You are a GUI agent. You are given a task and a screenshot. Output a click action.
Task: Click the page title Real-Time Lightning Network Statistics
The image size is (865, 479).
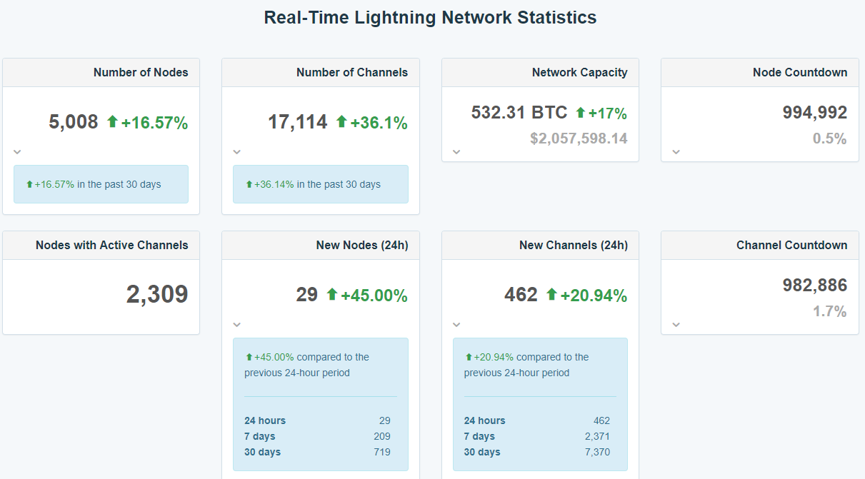click(x=430, y=18)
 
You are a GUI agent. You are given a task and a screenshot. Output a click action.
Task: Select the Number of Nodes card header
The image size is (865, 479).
click(x=141, y=72)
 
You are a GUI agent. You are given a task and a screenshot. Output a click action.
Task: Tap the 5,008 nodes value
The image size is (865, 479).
click(x=74, y=122)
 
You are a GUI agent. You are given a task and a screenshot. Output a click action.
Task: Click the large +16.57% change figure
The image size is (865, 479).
click(x=154, y=123)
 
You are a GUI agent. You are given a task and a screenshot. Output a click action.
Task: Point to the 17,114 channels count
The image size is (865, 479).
click(x=297, y=122)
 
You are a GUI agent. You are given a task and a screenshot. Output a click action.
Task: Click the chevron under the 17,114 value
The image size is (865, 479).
click(x=237, y=151)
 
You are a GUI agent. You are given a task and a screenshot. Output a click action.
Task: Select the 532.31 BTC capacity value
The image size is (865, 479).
click(x=519, y=112)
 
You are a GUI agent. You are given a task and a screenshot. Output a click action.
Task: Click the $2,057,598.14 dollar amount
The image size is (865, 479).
click(x=579, y=138)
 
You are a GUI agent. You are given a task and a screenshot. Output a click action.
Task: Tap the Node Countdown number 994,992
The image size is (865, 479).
click(x=814, y=112)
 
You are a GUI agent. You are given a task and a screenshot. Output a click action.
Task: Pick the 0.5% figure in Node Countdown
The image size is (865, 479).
click(x=829, y=138)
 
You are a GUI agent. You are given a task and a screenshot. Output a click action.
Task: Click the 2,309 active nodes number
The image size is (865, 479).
click(x=157, y=294)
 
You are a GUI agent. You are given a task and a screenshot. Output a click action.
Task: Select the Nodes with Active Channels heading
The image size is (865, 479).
click(x=112, y=245)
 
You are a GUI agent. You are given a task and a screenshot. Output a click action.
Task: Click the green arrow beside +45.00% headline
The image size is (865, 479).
click(x=331, y=294)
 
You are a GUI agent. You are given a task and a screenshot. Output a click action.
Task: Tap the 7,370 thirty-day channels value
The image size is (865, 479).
click(x=596, y=452)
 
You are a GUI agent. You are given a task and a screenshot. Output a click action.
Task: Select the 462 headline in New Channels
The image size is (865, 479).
click(x=521, y=295)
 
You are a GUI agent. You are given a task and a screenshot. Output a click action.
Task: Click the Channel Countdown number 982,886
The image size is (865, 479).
click(x=814, y=285)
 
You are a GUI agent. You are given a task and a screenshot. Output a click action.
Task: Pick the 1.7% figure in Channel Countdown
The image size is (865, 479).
click(x=829, y=311)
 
